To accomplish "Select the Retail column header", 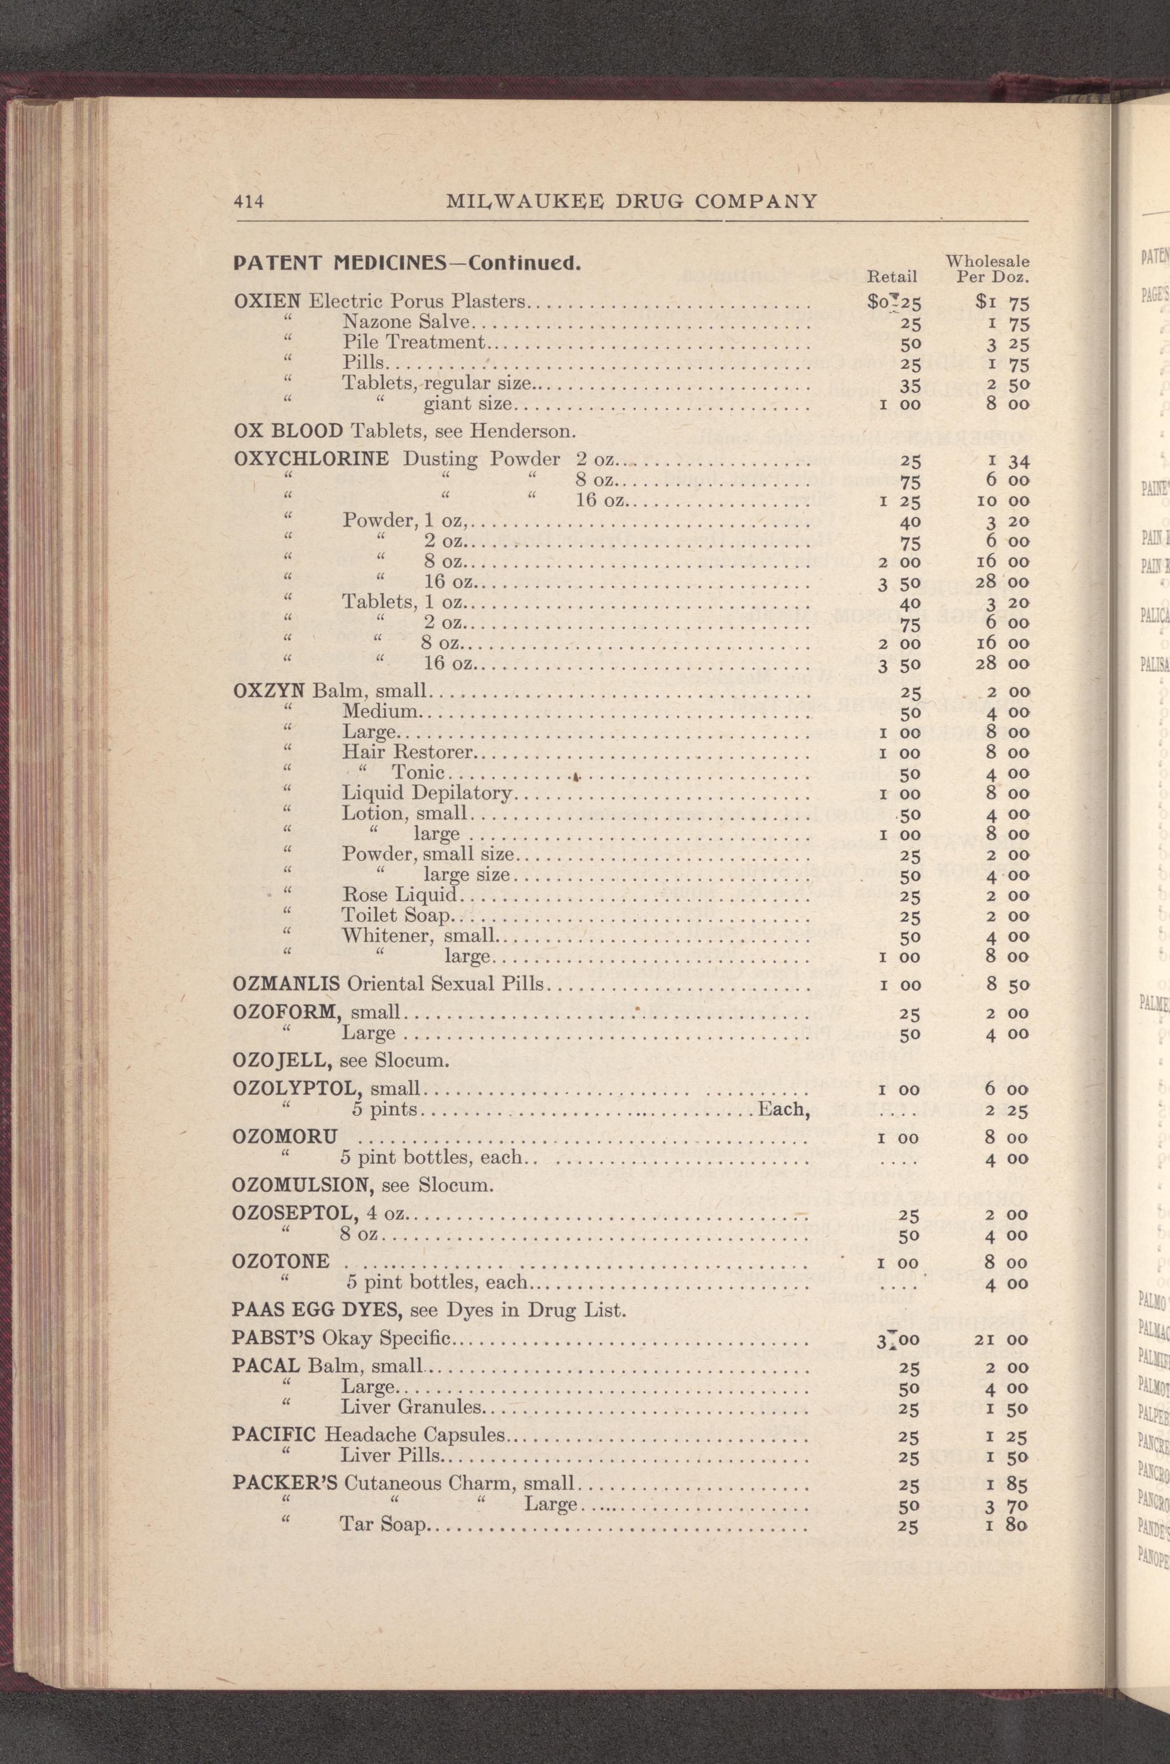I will tap(892, 277).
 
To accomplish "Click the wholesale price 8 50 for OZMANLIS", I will tap(1007, 985).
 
